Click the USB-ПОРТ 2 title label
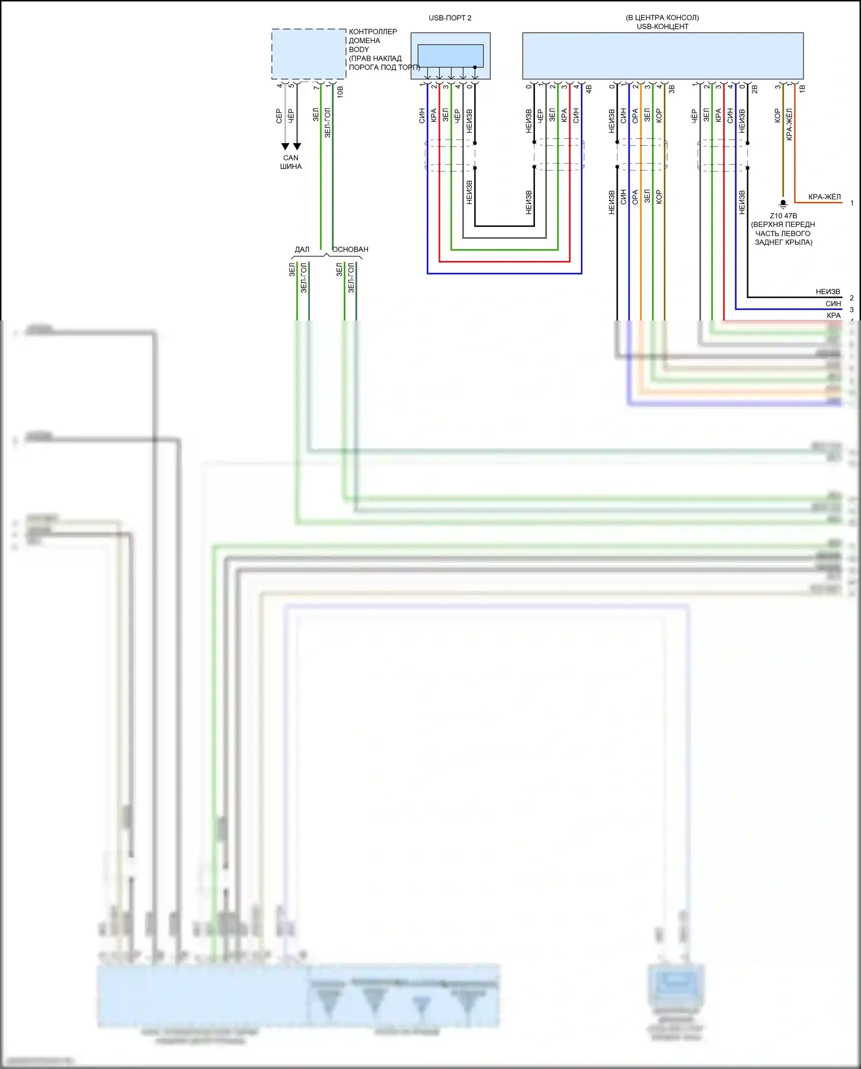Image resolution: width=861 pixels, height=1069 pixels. [449, 18]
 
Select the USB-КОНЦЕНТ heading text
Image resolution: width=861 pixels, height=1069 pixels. [662, 26]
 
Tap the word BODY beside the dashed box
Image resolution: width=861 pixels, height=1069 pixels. [359, 49]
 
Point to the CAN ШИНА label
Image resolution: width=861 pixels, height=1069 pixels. [291, 162]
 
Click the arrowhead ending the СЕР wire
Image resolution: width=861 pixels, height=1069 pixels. [285, 146]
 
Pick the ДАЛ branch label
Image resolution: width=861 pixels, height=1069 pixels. [302, 249]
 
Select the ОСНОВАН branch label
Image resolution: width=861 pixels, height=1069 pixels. [350, 249]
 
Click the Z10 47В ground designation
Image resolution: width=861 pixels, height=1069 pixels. [783, 216]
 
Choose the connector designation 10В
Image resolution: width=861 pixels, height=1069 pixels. [340, 92]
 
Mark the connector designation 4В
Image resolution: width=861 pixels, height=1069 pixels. [588, 90]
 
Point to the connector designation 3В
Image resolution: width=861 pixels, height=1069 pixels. [672, 90]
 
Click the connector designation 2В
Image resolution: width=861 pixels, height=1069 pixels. [754, 90]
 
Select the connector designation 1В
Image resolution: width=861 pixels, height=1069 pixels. [802, 89]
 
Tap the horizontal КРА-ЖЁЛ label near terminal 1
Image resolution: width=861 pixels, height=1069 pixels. [824, 197]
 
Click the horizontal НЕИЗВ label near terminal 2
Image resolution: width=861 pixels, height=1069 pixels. [828, 292]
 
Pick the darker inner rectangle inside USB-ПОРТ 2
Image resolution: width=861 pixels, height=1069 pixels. [450, 56]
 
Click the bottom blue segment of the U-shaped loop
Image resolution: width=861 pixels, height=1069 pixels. [505, 273]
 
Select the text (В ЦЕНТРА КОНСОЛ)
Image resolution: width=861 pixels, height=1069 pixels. [662, 18]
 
